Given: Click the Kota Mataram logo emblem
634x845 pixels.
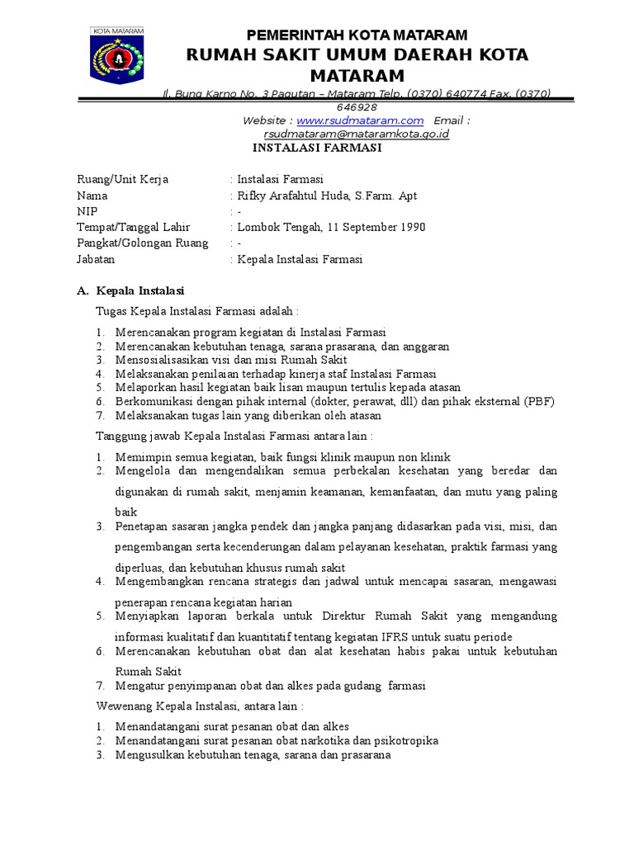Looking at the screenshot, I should (x=116, y=58).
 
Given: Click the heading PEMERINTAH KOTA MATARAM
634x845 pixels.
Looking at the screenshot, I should (x=357, y=35).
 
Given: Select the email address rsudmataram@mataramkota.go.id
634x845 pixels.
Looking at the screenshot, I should (x=357, y=134).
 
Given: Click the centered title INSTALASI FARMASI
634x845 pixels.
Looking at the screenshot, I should (x=317, y=149).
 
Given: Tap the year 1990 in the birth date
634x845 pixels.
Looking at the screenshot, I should (x=412, y=227).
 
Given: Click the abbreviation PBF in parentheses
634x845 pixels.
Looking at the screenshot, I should (x=537, y=402).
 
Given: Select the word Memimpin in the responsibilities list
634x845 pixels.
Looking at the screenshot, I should (x=140, y=457).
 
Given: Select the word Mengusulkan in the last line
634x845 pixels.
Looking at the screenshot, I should (x=147, y=754).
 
